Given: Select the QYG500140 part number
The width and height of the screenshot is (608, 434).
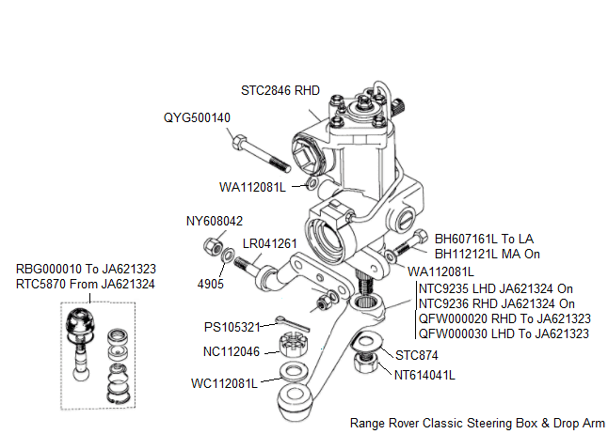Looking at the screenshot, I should pyautogui.click(x=197, y=117).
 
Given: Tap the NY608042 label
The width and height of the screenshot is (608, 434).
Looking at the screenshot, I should pyautogui.click(x=215, y=222).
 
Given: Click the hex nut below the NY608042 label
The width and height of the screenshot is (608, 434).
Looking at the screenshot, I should pyautogui.click(x=213, y=246).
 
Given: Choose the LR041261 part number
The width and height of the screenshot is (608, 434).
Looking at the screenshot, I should pyautogui.click(x=270, y=243).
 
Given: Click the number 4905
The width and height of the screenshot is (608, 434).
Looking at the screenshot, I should pyautogui.click(x=213, y=281).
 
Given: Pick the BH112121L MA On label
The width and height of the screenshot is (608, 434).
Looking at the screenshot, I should pyautogui.click(x=487, y=254).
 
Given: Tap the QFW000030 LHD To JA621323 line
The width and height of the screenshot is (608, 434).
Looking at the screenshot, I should pyautogui.click(x=504, y=333).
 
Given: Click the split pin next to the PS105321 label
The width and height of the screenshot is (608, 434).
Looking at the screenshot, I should pyautogui.click(x=291, y=324).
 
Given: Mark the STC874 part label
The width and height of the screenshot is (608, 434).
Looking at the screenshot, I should pyautogui.click(x=416, y=356).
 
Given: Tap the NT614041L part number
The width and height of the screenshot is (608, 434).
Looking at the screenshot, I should pyautogui.click(x=424, y=374).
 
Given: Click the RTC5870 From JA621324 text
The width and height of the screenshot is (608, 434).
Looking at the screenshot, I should pyautogui.click(x=86, y=283).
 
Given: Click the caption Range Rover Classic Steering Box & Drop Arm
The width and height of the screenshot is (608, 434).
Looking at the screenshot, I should pyautogui.click(x=476, y=423).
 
